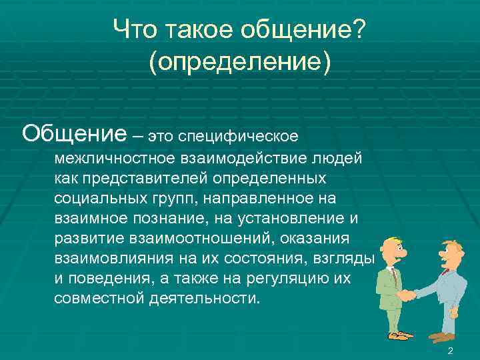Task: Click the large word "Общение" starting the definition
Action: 73,133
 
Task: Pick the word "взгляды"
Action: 349,258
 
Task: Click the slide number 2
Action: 451,351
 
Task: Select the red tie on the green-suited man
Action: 394,274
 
